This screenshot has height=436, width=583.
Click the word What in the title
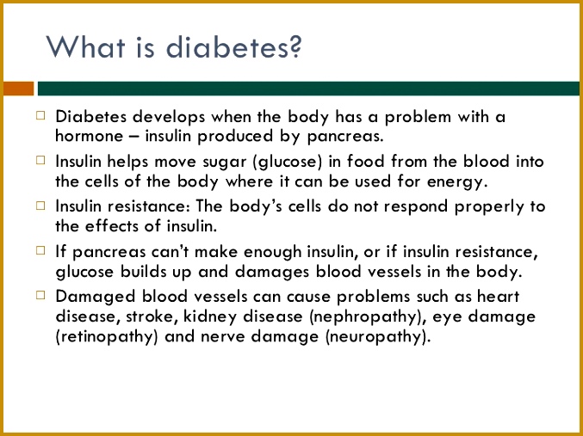point(85,46)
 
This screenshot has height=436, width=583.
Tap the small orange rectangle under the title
point(19,89)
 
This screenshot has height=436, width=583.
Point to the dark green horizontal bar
point(308,89)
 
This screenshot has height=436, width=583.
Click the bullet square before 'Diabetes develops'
point(40,115)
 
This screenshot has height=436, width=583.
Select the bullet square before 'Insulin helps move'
point(40,161)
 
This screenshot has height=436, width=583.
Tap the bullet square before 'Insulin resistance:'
point(40,206)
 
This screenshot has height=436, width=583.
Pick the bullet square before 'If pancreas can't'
point(40,250)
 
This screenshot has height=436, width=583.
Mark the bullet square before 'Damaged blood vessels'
point(40,295)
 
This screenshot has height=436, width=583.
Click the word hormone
point(89,136)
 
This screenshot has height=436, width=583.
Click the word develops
point(169,118)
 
